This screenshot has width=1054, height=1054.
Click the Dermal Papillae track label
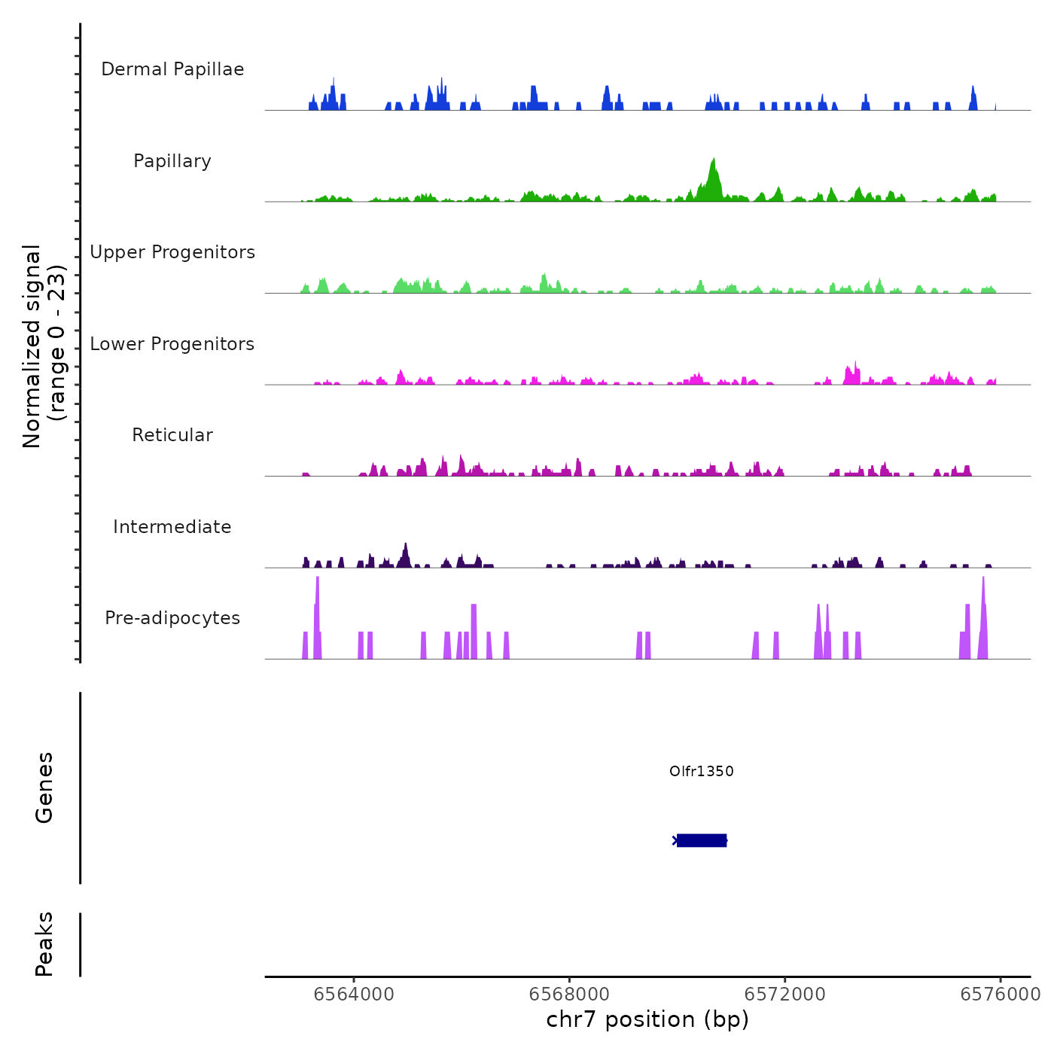tap(172, 69)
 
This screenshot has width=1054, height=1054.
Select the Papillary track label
tap(172, 161)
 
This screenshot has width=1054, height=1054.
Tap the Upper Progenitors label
tap(172, 252)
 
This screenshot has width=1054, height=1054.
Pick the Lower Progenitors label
tap(172, 344)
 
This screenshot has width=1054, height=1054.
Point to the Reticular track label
tap(172, 435)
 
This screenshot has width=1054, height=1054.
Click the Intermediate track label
tap(172, 527)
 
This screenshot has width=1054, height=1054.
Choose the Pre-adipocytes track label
tap(172, 618)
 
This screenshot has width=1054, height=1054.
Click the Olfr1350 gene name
tap(701, 771)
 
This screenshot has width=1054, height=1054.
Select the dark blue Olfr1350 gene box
tap(702, 840)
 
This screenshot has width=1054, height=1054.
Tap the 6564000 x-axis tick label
tap(354, 995)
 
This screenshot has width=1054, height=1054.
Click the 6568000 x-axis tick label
tap(569, 995)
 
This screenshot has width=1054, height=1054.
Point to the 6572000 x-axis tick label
tap(784, 995)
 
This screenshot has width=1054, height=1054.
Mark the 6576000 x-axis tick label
tap(1000, 995)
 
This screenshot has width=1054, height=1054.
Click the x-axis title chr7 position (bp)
tap(647, 1020)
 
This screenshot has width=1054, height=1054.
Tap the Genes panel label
tap(44, 787)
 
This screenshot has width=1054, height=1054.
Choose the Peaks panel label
tap(44, 944)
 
